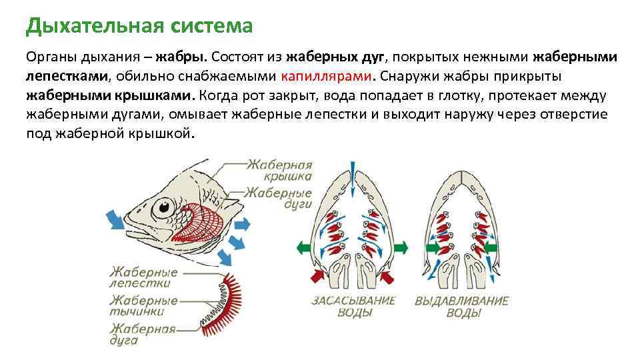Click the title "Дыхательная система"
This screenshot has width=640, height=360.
(x=139, y=26)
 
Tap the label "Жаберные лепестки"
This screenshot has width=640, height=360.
(x=143, y=277)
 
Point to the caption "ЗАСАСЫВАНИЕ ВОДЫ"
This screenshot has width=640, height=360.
(x=353, y=307)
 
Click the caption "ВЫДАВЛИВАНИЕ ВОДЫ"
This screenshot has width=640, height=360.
(x=461, y=307)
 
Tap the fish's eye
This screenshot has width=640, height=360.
(x=161, y=209)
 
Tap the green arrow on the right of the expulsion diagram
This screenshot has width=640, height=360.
(x=493, y=248)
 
